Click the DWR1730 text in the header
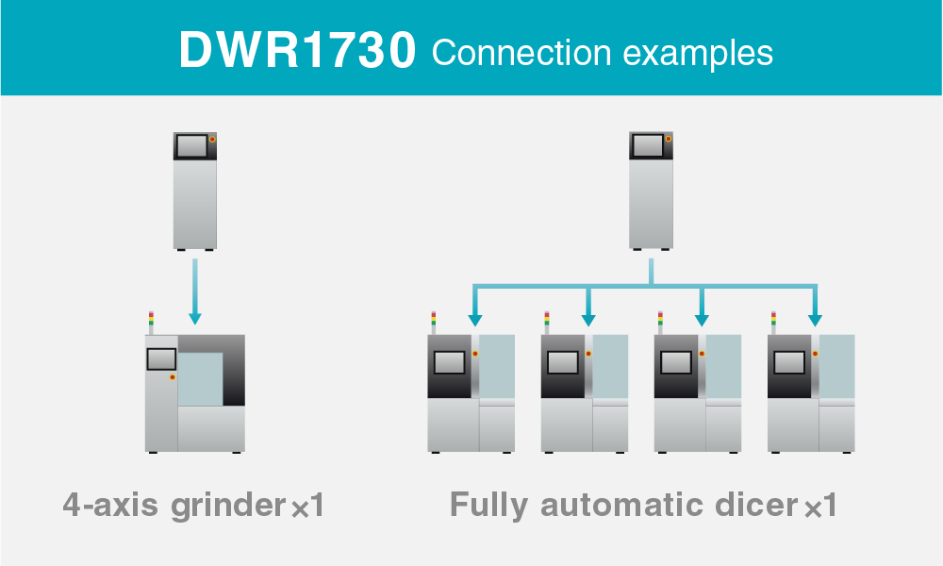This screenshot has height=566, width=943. point(297,52)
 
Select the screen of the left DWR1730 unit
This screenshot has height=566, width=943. point(190,144)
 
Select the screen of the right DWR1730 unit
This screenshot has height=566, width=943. point(647,145)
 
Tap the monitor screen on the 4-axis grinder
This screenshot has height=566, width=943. point(161,358)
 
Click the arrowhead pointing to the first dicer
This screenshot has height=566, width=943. point(475,318)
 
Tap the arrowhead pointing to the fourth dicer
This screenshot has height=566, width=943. point(815,318)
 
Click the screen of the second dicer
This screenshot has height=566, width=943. point(563,361)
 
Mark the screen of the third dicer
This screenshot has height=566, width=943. point(676,361)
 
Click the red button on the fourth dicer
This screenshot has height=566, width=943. point(815,354)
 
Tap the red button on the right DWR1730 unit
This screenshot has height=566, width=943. point(669,139)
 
